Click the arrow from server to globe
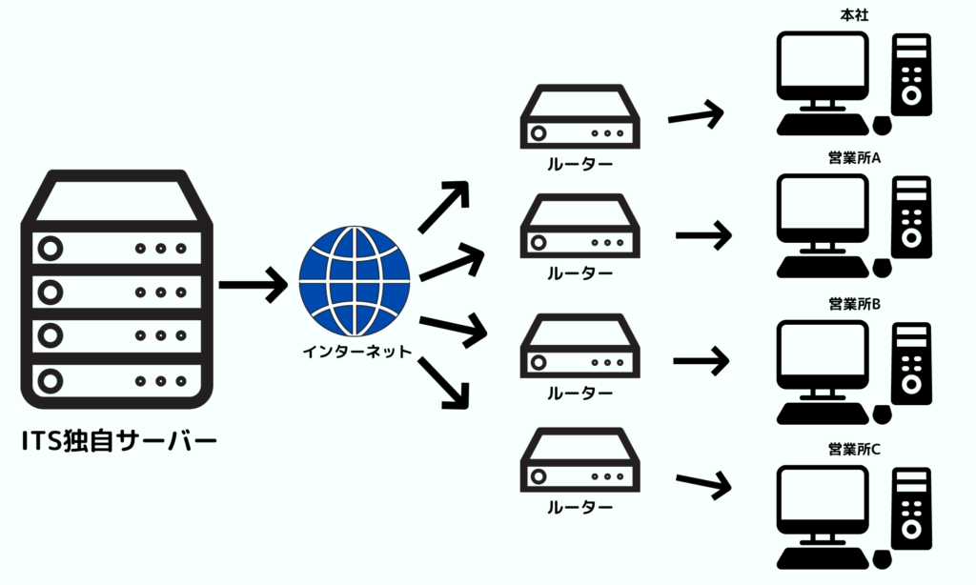(x=253, y=283)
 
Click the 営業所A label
(x=854, y=158)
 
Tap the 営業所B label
(x=854, y=305)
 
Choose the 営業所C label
(x=854, y=448)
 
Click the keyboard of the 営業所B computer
(x=822, y=413)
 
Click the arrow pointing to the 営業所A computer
(x=703, y=233)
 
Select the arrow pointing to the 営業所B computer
(x=701, y=361)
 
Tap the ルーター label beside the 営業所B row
(x=579, y=393)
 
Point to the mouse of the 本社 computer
(x=881, y=125)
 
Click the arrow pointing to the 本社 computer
(x=696, y=115)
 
